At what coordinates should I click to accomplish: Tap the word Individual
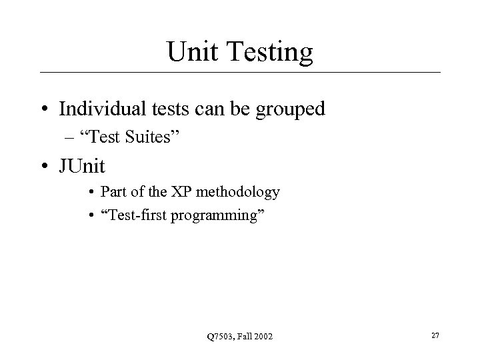[101, 109]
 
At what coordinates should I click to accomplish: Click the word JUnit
[83, 164]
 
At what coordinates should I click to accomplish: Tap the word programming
[223, 215]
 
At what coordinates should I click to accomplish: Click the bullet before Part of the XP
[91, 192]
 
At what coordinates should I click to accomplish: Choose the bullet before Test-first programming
[91, 214]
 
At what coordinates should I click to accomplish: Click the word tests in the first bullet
[171, 109]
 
